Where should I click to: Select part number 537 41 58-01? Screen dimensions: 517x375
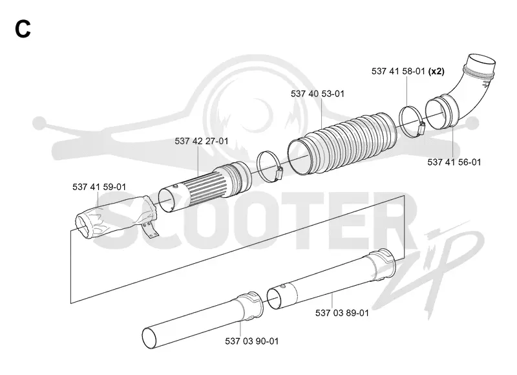click(x=398, y=71)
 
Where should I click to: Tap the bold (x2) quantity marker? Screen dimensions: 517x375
click(x=436, y=71)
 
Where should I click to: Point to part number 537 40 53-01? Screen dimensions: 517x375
click(x=317, y=94)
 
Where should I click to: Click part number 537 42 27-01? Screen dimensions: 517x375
click(x=202, y=141)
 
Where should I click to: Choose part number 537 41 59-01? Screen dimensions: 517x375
click(x=100, y=187)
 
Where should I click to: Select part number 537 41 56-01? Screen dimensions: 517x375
click(x=454, y=162)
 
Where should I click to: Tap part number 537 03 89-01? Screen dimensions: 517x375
click(x=342, y=313)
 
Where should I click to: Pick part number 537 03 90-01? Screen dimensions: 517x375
click(x=252, y=341)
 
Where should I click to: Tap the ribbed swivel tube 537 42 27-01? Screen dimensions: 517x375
click(x=204, y=187)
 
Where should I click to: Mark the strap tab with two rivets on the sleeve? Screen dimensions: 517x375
click(x=151, y=230)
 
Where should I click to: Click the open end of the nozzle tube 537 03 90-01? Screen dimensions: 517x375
click(x=150, y=338)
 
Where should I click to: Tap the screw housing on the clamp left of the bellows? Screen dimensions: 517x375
click(x=280, y=171)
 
